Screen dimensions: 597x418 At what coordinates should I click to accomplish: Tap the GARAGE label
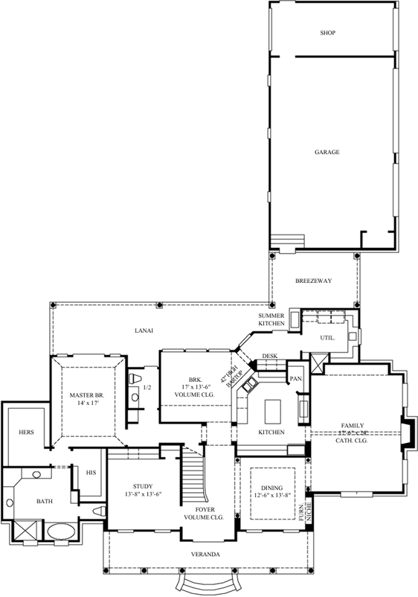327,152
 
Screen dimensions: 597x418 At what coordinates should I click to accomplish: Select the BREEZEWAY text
313,281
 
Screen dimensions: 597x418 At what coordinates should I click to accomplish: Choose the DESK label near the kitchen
269,356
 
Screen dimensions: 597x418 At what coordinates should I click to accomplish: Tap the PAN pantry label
295,379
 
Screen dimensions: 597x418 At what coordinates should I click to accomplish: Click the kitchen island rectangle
271,410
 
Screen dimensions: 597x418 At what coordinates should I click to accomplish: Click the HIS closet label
91,473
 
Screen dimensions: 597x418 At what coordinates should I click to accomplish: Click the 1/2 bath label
147,387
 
